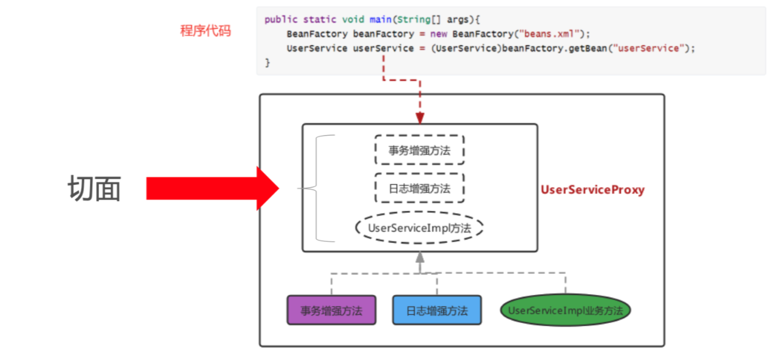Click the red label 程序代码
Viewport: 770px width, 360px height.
coord(206,31)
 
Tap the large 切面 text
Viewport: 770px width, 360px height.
coord(94,188)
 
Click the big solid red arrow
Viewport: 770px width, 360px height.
coord(212,188)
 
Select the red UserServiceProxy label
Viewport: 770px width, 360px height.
coord(593,190)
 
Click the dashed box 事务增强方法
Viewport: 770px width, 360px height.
coord(419,150)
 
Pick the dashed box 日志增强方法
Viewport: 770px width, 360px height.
coord(419,188)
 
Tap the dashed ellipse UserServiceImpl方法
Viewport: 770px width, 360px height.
coord(419,228)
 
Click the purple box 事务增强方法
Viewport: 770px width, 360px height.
coord(332,310)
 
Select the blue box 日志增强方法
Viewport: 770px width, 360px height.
coord(437,310)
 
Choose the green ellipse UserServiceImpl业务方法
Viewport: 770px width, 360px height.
coord(565,310)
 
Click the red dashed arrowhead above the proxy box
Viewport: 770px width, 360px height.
coord(420,118)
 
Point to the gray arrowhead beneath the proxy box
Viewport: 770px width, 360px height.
coord(420,257)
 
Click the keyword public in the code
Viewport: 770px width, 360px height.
coord(281,20)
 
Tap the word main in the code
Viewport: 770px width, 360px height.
coord(380,20)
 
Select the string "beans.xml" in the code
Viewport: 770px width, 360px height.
coord(549,34)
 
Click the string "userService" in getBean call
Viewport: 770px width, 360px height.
coord(649,48)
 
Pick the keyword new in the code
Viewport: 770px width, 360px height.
coord(438,34)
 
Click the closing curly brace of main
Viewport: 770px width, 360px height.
coord(267,63)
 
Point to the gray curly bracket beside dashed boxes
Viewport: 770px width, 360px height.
coord(315,188)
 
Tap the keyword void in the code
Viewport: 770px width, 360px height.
coord(353,20)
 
